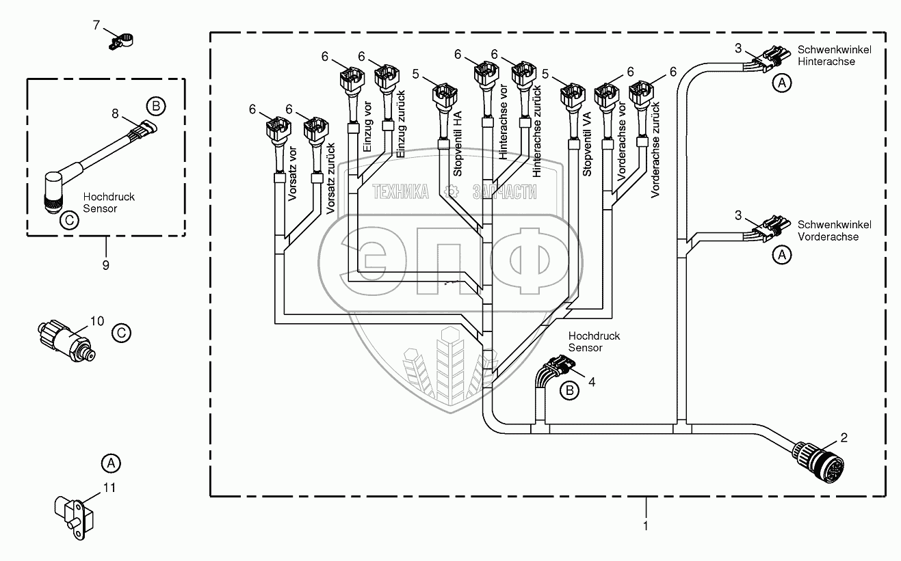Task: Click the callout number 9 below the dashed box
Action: pos(105,264)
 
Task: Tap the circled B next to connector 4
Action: pos(569,391)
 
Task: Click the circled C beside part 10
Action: pos(120,333)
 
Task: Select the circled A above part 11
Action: pos(109,463)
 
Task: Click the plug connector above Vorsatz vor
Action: pos(278,130)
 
